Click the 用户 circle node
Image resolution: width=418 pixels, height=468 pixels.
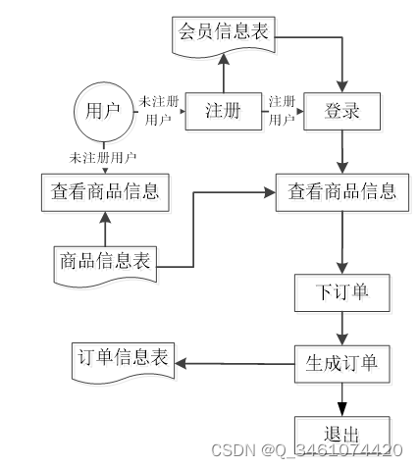click(104, 112)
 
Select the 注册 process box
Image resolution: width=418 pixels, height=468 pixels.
click(224, 112)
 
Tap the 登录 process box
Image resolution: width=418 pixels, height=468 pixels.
click(341, 112)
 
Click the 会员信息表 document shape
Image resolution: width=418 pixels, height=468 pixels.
click(224, 36)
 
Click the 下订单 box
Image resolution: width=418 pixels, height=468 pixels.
click(342, 292)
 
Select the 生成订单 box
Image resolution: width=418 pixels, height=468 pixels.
click(342, 364)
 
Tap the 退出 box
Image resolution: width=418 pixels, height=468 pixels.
click(342, 435)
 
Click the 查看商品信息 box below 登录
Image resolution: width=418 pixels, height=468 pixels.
click(342, 192)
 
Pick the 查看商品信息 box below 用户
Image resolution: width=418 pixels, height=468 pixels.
click(105, 192)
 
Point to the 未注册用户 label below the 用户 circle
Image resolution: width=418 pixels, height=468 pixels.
click(103, 158)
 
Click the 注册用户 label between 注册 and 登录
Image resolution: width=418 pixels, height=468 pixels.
click(282, 111)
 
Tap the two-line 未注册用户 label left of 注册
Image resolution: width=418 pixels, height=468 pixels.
click(159, 111)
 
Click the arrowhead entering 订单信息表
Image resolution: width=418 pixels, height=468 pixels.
click(181, 363)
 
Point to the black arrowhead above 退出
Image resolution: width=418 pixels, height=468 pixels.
click(342, 409)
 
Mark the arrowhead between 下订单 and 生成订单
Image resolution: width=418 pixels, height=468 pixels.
click(342, 339)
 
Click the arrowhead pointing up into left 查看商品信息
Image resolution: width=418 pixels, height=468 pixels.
click(105, 218)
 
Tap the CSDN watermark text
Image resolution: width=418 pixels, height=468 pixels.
click(307, 450)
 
